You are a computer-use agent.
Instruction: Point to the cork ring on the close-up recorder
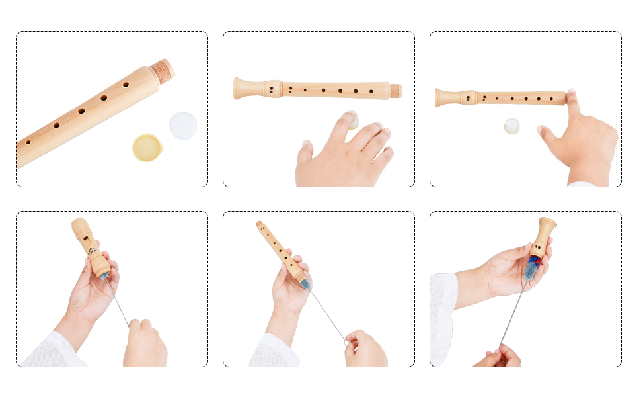(x=162, y=71)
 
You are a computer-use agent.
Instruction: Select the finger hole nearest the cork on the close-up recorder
(x=126, y=85)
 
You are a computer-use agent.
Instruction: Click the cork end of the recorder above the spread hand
(x=395, y=91)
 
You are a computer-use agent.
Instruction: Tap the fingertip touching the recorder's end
(x=571, y=97)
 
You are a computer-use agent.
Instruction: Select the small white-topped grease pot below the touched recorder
(x=511, y=126)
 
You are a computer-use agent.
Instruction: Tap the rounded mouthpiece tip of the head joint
(x=77, y=224)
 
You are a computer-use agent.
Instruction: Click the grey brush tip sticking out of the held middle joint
(x=305, y=285)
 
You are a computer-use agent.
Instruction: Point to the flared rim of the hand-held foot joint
(x=548, y=222)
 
